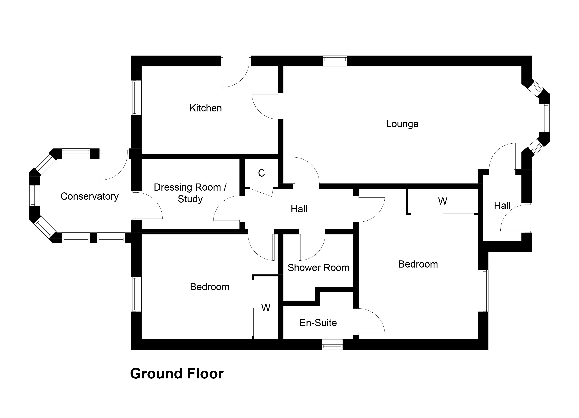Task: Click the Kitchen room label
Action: click(206, 108)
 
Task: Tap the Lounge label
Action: click(402, 124)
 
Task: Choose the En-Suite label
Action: click(318, 323)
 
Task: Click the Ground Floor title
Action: click(177, 374)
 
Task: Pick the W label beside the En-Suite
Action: click(266, 308)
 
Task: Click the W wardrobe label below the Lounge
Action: click(443, 201)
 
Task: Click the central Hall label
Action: click(299, 209)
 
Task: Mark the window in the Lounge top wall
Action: click(335, 61)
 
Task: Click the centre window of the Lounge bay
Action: click(544, 118)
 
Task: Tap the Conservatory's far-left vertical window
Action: click(34, 196)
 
